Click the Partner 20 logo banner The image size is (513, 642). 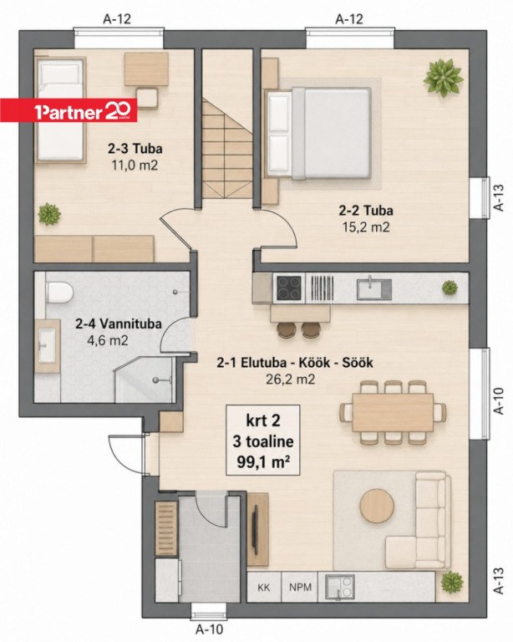pos(69,110)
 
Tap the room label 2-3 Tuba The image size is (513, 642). pos(135,148)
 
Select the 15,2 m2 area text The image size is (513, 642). pos(366,227)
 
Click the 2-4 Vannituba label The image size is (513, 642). pos(119,324)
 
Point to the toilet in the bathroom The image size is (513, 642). pos(58,293)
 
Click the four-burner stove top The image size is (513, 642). pos(289,288)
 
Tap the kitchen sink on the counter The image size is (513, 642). pos(374,288)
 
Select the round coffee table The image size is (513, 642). pos(377,506)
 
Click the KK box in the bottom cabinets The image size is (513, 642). pos(264,587)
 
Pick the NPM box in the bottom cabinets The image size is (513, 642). pos(300,587)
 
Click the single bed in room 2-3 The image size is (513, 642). pos(60,110)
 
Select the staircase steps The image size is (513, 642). pos(227,149)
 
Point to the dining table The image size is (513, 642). pos(393,412)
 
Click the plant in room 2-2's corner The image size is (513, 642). pos(444,77)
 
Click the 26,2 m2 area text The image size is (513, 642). pos(291,380)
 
